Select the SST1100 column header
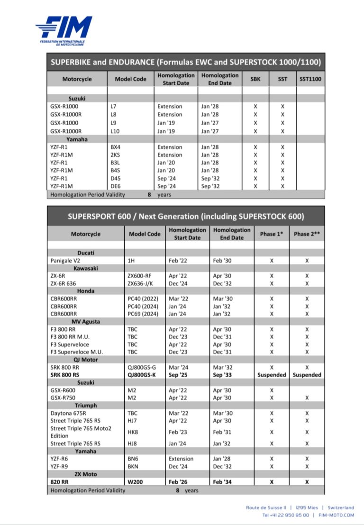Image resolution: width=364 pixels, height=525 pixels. tap(310, 79)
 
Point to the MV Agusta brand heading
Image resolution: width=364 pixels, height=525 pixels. tap(86, 321)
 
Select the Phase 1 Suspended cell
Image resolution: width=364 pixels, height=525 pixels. tap(272, 375)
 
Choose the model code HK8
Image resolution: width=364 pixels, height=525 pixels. tap(133, 432)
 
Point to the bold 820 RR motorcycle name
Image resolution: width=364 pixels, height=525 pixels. tap(59, 482)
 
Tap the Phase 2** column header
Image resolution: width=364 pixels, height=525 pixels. tap(307, 234)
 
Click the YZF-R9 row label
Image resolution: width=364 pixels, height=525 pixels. tap(61, 466)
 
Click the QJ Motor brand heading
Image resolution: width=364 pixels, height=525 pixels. tap(86, 360)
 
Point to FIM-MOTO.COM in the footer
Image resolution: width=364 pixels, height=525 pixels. tap(336, 515)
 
